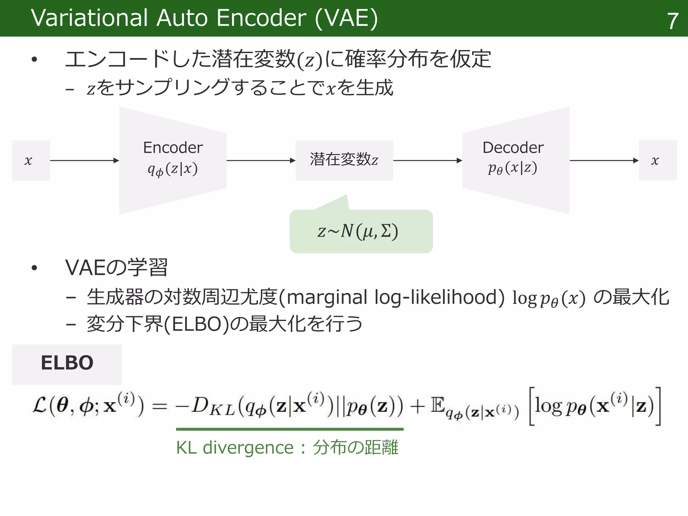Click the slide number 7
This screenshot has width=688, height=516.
672,21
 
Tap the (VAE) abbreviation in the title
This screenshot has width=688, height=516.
346,18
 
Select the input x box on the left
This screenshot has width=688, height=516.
31,161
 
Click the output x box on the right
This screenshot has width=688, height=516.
657,161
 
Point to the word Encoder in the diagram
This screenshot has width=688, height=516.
173,148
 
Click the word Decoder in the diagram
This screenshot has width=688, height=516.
513,148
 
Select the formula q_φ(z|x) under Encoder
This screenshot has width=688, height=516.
173,169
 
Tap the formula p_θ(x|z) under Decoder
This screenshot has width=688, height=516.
513,168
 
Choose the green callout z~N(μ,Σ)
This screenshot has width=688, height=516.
361,231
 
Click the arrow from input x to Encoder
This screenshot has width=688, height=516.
84,161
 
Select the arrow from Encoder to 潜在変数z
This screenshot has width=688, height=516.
261,161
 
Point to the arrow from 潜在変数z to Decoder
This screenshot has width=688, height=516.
428,161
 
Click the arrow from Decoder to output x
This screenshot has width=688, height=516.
604,161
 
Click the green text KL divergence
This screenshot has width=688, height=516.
235,448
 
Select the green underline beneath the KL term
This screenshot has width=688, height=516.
290,429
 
